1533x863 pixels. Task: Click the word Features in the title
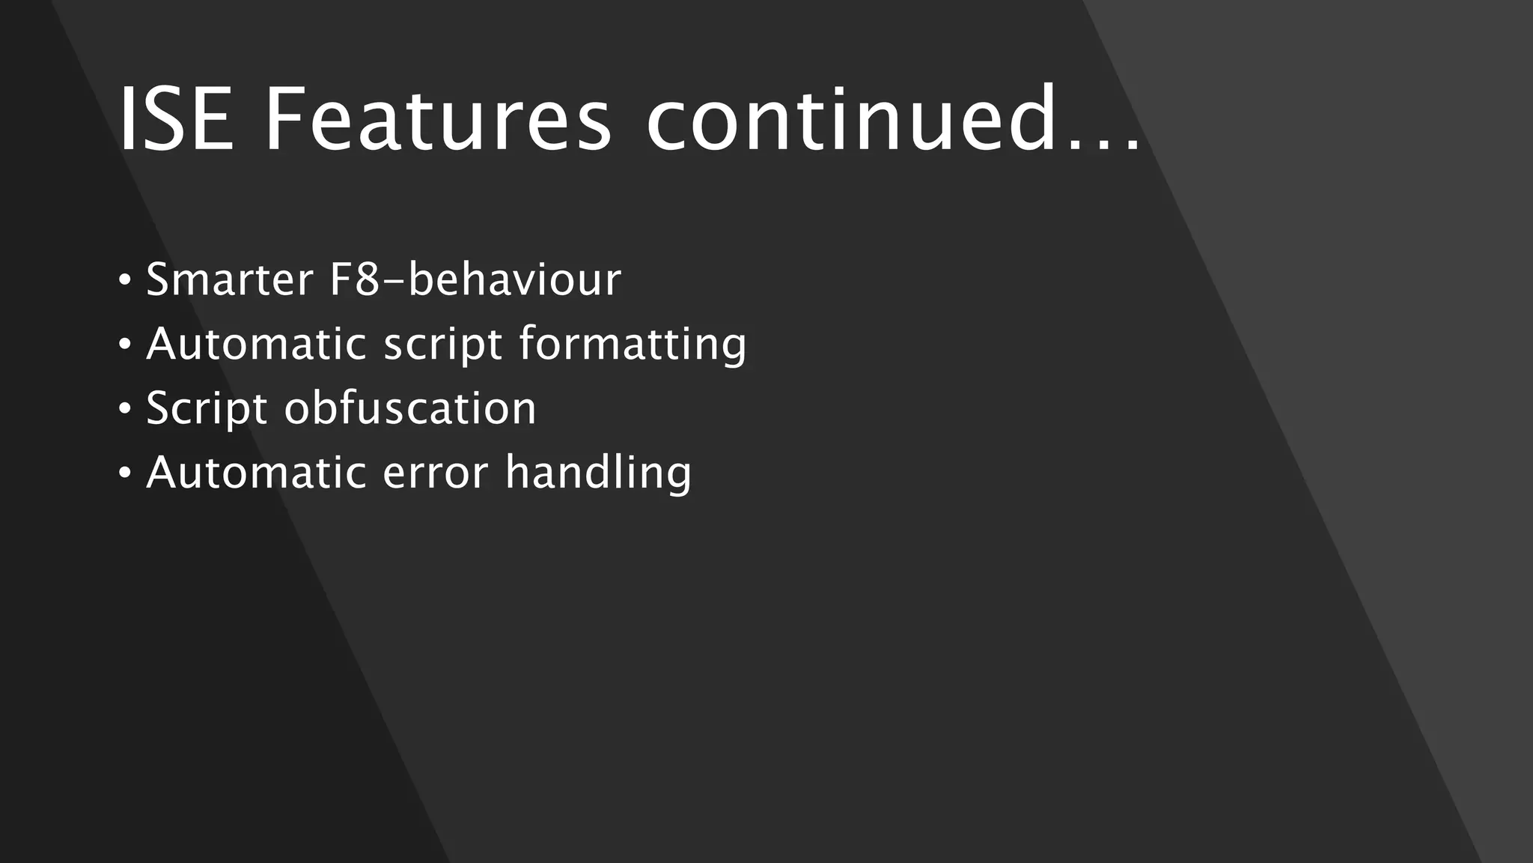[x=438, y=120]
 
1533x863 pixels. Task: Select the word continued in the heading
[x=850, y=120]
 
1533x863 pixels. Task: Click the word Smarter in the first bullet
[x=229, y=279]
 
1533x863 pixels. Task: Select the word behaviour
[x=515, y=279]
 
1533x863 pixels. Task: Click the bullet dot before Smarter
[x=125, y=281]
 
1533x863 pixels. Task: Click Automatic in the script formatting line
[x=256, y=344]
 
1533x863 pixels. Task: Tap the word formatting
[x=633, y=345]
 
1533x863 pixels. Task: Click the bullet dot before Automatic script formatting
[x=125, y=345]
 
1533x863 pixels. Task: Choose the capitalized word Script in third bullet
[x=207, y=409]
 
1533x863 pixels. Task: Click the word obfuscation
[x=410, y=408]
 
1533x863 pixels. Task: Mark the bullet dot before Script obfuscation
[x=125, y=410]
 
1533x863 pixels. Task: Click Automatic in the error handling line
[x=256, y=473]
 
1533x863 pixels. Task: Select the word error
[x=436, y=474]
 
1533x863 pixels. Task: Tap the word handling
[x=598, y=474]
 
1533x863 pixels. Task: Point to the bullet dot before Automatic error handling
[x=125, y=473]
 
